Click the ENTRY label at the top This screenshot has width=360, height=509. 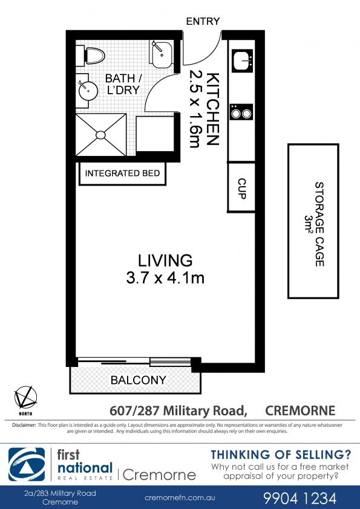[203, 21]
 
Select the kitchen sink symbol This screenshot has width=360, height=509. [243, 60]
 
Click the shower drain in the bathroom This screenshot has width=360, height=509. [100, 134]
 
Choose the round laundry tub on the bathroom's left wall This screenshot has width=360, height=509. [88, 90]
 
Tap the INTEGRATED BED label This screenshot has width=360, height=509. [122, 173]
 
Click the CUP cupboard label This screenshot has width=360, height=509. [242, 188]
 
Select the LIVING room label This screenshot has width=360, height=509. [165, 261]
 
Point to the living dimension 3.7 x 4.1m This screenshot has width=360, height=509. [165, 278]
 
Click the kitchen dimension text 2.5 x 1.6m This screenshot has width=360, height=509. [195, 109]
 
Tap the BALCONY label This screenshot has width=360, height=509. [139, 380]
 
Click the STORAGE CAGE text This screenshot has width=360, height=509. [319, 224]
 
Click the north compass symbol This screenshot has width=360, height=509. [25, 398]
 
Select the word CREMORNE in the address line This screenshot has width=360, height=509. [300, 410]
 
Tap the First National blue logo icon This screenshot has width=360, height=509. [27, 464]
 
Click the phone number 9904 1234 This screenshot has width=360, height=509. [299, 498]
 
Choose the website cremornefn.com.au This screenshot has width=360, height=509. [180, 498]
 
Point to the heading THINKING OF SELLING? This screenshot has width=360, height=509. [281, 455]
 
